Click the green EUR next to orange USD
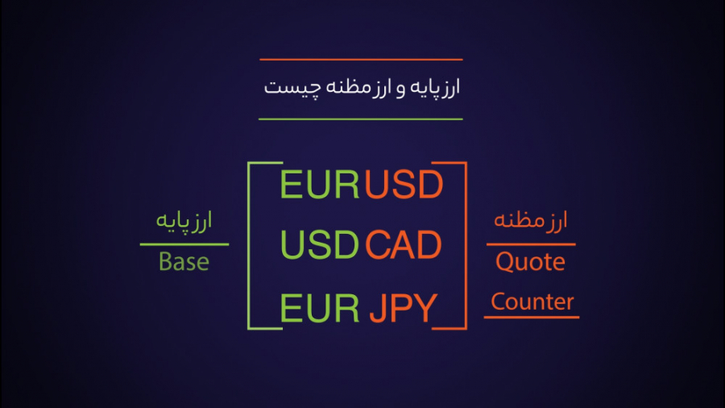(x=318, y=185)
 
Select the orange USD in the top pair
(x=404, y=185)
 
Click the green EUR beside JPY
(x=320, y=308)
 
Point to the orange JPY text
(x=404, y=308)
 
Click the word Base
(x=184, y=262)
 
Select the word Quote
(x=530, y=262)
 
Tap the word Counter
(x=532, y=302)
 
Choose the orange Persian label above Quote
(x=531, y=220)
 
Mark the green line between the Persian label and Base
(x=184, y=244)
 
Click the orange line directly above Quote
(x=531, y=244)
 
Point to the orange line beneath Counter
(x=531, y=317)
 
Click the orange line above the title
(x=361, y=59)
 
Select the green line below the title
(x=361, y=119)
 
